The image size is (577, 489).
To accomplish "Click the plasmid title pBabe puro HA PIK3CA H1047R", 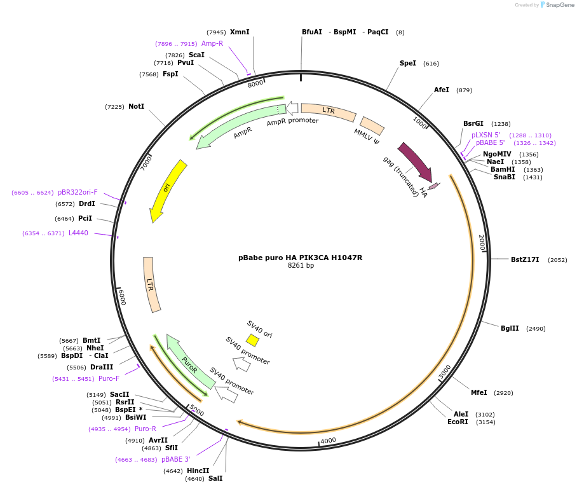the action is click(300, 258).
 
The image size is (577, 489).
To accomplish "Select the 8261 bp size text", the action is click(301, 266).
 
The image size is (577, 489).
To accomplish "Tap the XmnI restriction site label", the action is click(240, 32).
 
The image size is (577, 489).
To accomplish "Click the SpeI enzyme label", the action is click(408, 63).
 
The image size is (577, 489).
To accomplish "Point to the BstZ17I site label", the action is click(525, 259).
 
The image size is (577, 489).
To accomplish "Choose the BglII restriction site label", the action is click(510, 328).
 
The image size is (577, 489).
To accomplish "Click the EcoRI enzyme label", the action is click(458, 422).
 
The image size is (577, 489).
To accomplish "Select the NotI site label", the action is click(136, 106).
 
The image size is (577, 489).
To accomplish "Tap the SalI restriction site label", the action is click(215, 478).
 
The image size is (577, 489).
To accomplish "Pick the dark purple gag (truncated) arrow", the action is click(414, 161).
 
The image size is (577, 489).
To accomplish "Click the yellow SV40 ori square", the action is click(252, 340).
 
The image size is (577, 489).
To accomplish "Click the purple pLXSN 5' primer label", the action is click(485, 135).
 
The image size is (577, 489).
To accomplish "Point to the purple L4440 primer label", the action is click(78, 233).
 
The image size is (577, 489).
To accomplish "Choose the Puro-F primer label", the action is click(109, 378).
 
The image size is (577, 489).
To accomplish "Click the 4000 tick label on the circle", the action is click(328, 440).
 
